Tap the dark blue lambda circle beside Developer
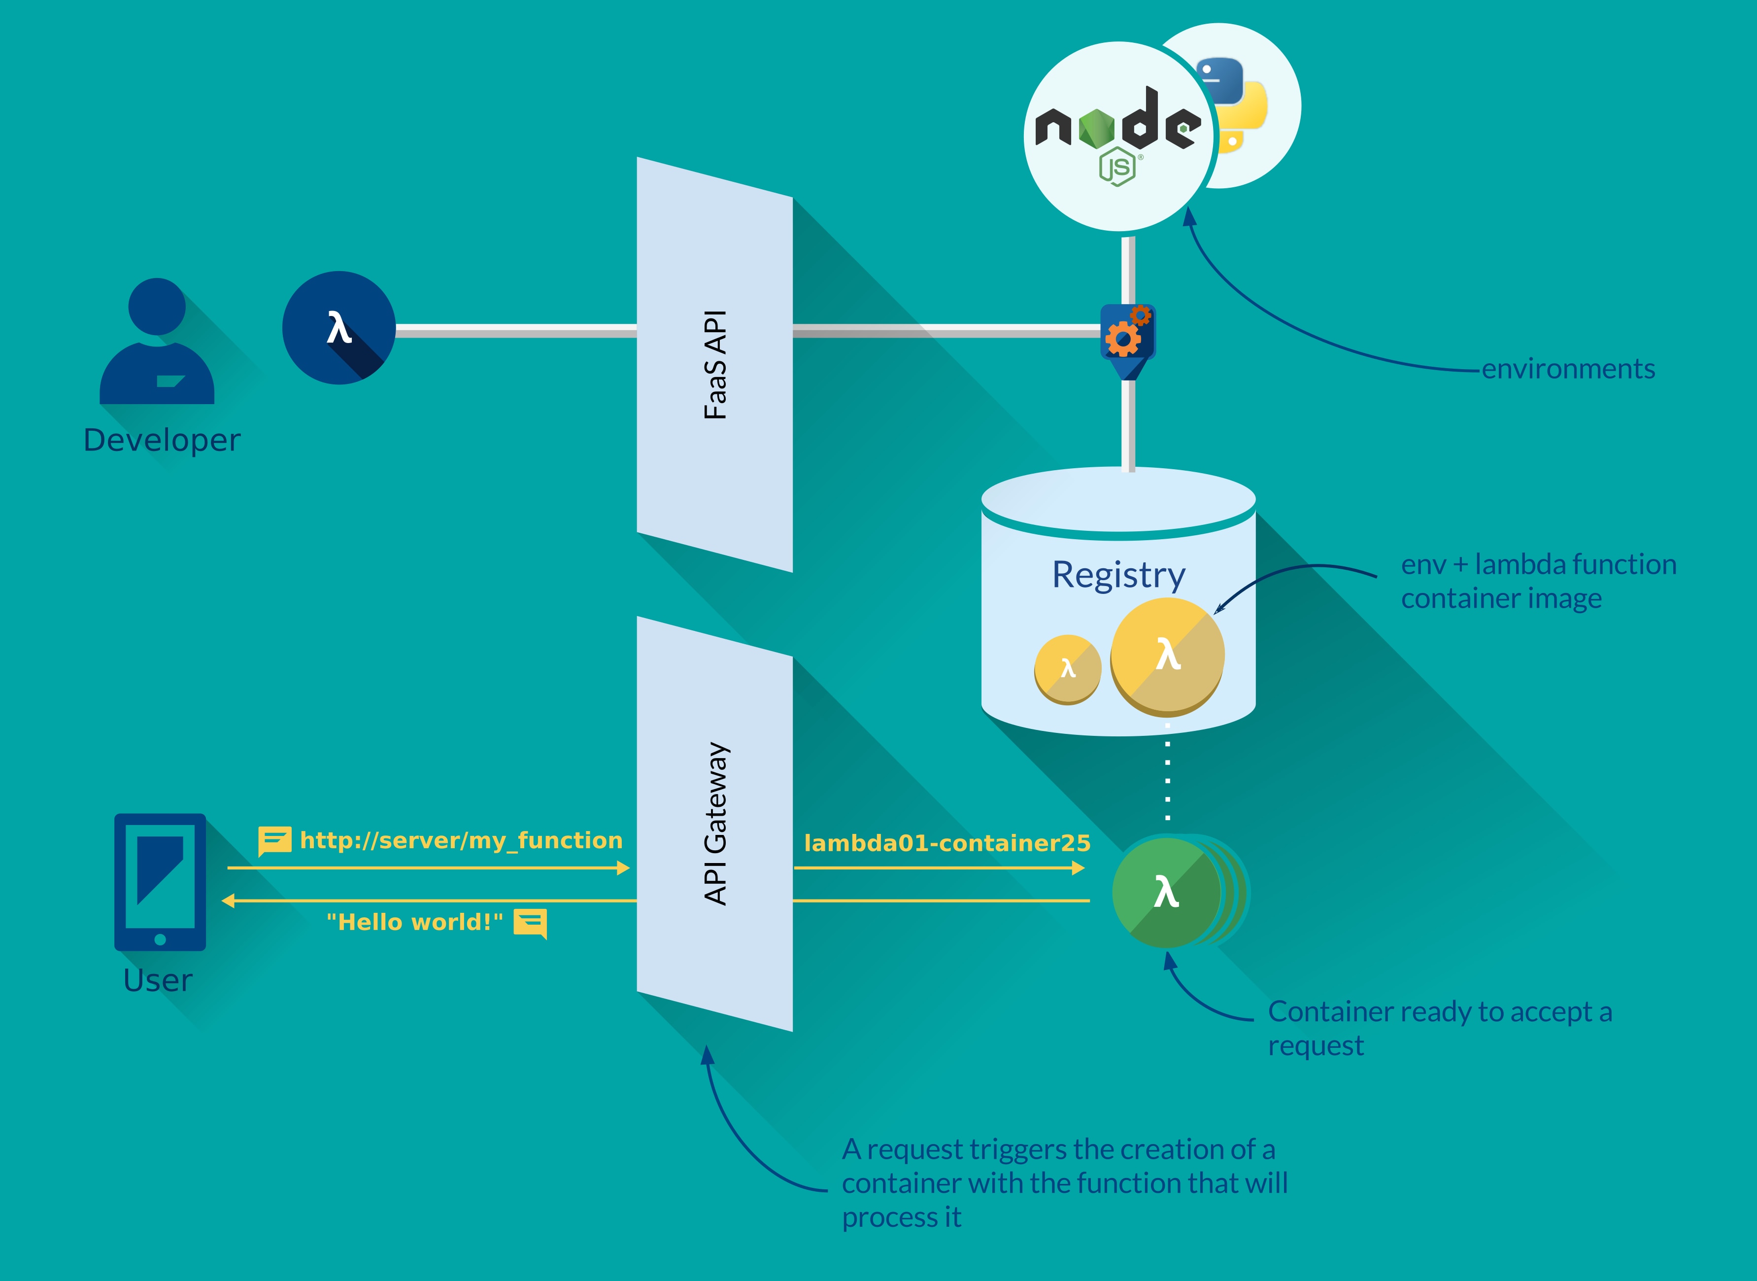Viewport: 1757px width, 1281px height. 338,327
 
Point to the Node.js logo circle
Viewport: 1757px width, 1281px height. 1117,137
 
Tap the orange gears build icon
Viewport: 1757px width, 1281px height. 1128,333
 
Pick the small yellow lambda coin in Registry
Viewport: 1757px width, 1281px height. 1067,668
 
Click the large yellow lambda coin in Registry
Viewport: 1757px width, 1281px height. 1167,655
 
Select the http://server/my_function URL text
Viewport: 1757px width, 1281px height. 461,840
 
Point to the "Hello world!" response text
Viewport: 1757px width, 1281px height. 415,922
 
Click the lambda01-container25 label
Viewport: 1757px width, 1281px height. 947,843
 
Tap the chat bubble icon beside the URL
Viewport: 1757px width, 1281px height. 274,840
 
